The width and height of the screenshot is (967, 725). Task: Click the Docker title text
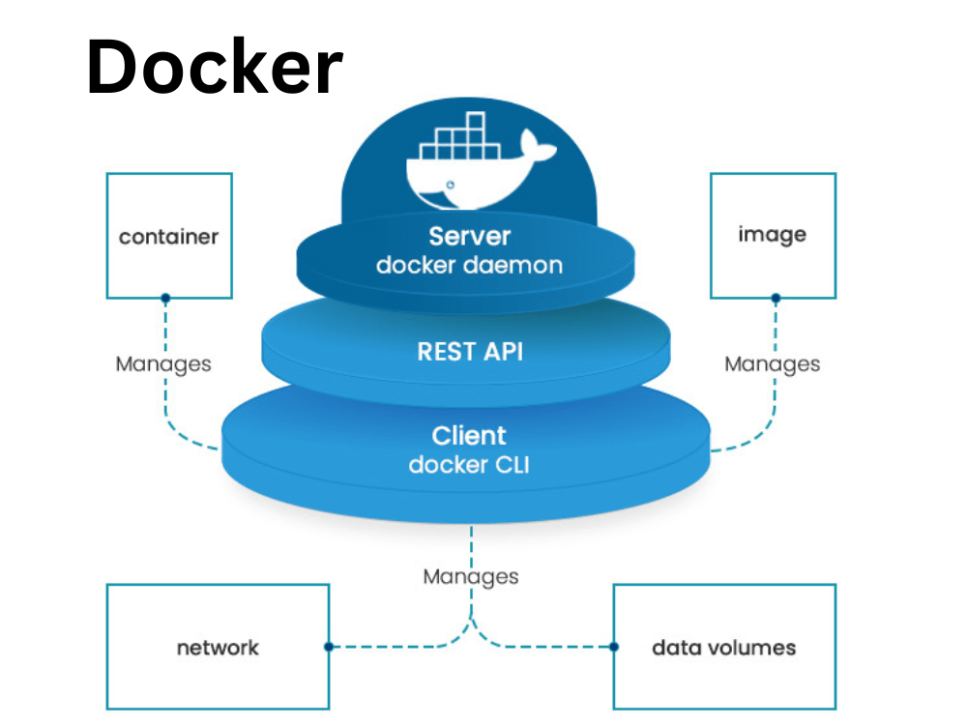click(215, 69)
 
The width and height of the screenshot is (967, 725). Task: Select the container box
click(169, 236)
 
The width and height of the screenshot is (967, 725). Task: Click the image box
click(773, 235)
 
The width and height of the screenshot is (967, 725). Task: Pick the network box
click(218, 647)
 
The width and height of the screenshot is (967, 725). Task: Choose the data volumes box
click(724, 647)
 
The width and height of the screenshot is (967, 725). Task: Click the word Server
click(470, 235)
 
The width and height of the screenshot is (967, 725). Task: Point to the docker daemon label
click(470, 264)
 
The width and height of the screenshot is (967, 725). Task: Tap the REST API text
click(470, 351)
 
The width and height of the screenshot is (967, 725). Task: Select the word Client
click(469, 435)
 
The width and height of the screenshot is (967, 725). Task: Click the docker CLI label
click(469, 464)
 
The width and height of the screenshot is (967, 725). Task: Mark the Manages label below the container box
click(163, 364)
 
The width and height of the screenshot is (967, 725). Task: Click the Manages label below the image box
click(773, 364)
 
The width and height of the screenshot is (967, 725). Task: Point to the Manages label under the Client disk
click(471, 577)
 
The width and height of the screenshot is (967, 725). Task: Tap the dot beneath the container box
click(165, 298)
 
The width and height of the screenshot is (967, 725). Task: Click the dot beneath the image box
click(776, 298)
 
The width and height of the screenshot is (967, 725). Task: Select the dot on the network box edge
click(329, 647)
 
